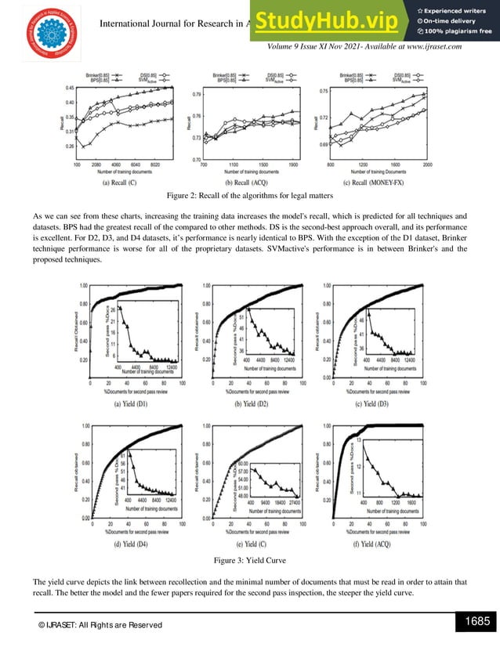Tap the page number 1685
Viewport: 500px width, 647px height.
coord(476,622)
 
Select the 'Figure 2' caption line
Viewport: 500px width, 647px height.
coord(250,196)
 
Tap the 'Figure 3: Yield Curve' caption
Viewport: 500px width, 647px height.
coord(250,561)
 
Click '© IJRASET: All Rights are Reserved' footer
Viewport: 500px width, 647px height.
coord(90,624)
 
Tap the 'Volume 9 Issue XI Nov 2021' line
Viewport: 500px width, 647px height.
coord(364,47)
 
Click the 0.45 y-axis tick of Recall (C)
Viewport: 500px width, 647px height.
coord(69,89)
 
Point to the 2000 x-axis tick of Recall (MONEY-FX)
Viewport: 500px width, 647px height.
coord(426,165)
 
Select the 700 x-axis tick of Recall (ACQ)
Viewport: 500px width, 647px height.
coord(204,165)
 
